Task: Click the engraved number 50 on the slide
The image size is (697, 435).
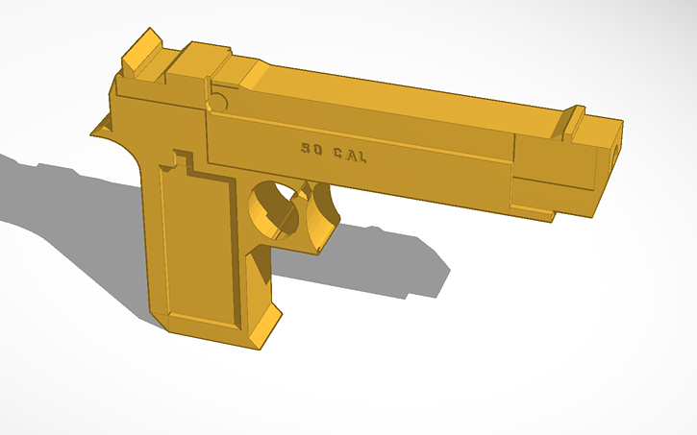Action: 311,149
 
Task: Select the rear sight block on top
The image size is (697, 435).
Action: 142,53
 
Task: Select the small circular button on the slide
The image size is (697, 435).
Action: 217,100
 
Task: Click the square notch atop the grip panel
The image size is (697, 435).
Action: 182,162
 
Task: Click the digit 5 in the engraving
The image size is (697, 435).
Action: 305,149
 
